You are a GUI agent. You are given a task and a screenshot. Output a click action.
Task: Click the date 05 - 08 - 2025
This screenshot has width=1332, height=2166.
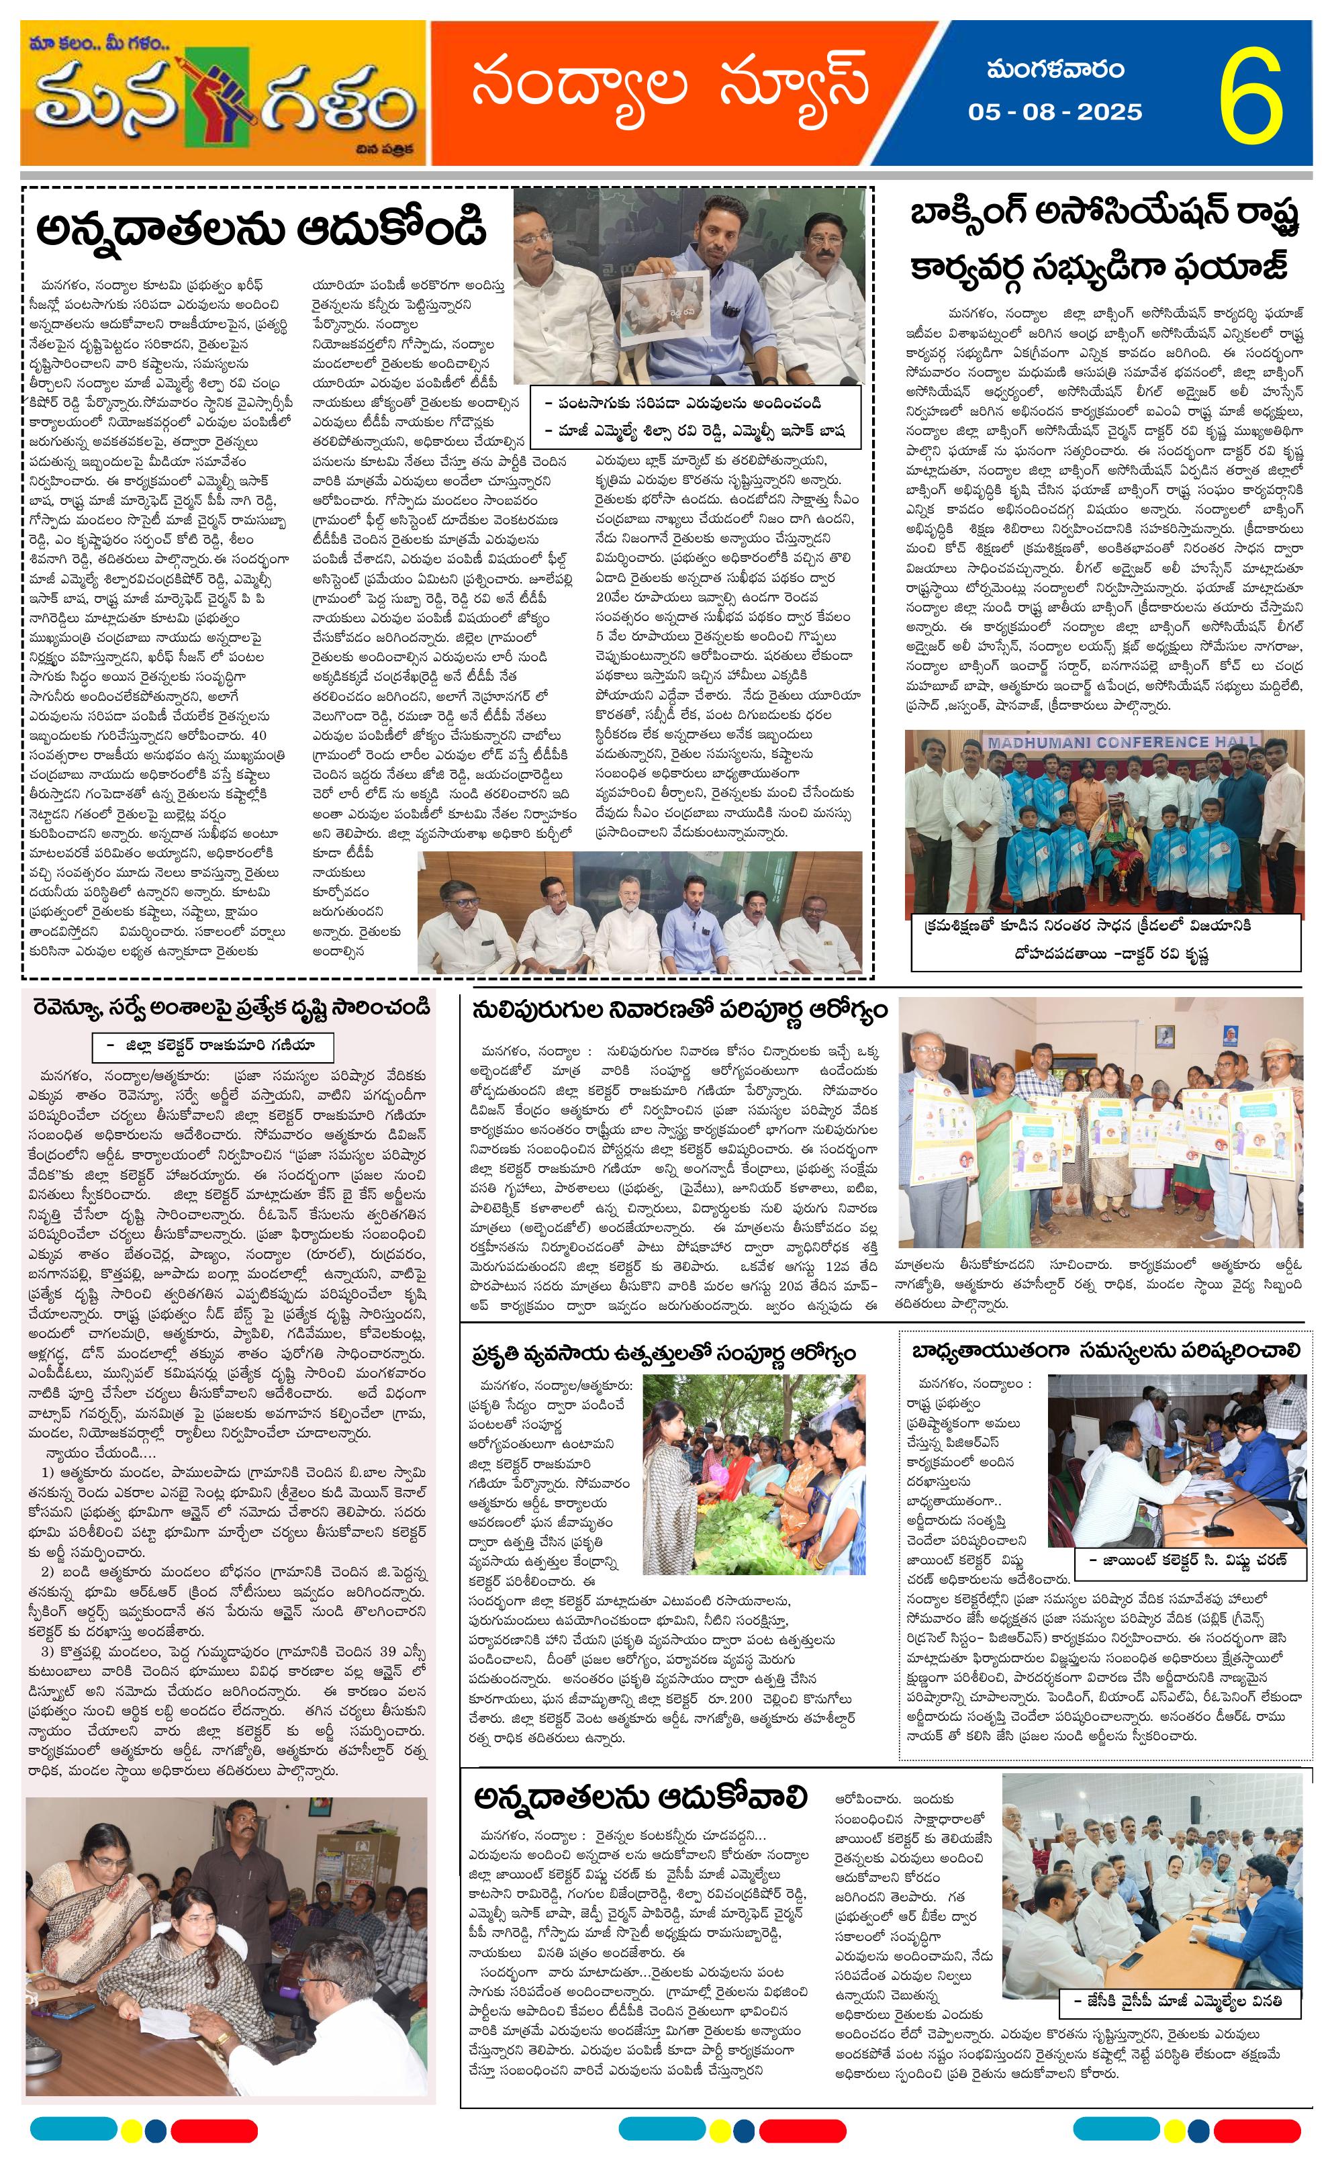click(x=1055, y=112)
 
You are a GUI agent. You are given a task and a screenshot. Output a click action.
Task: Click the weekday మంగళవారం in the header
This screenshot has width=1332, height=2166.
click(x=1055, y=68)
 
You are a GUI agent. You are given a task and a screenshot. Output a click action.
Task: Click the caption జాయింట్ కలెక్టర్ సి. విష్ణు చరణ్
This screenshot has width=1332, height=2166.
click(x=1188, y=1559)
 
